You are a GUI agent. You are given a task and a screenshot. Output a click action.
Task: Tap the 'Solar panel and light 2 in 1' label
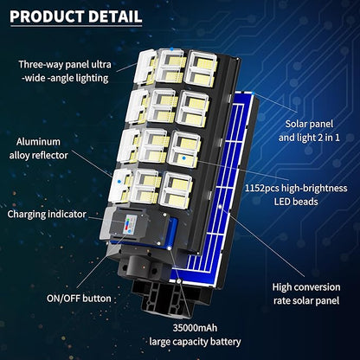pyautogui.click(x=309, y=131)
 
